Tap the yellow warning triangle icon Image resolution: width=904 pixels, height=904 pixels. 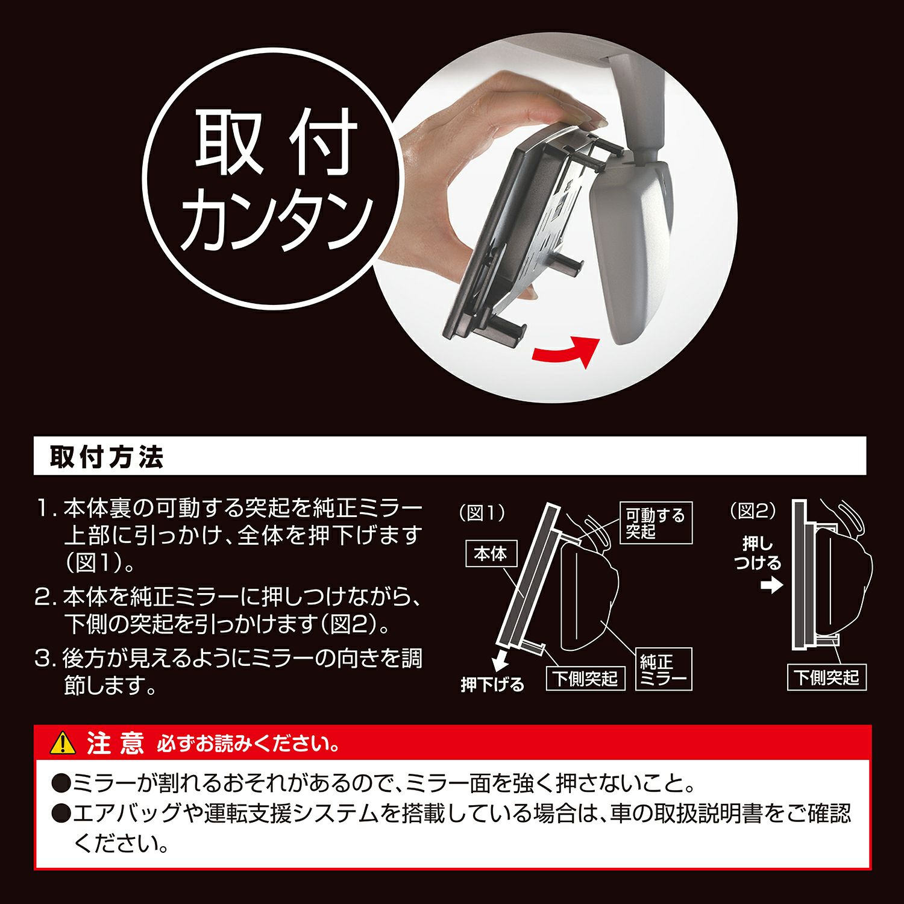63,743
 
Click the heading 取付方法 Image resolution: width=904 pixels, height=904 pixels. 107,457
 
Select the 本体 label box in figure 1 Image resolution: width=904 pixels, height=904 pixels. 491,554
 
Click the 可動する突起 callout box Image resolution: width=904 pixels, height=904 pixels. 656,523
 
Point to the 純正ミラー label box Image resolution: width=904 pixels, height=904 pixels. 664,670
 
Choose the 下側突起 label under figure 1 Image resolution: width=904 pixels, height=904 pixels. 586,678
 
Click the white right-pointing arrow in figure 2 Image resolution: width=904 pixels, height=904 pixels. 771,585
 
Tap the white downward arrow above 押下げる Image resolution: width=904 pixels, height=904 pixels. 500,663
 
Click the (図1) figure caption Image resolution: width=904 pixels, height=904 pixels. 482,513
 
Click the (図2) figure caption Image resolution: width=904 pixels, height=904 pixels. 753,511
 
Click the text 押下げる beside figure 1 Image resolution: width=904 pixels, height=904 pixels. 492,685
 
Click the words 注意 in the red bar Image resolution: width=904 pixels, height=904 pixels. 115,743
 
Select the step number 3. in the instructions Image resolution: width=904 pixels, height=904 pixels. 45,658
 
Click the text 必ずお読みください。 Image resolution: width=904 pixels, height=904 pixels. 248,744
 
